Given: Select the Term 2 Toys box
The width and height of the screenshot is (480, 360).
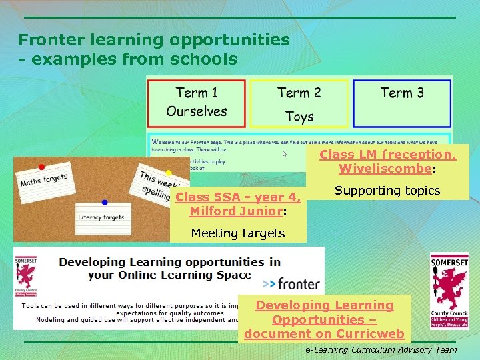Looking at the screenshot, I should (299, 103).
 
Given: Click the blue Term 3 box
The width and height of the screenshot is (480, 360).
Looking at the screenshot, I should (401, 103).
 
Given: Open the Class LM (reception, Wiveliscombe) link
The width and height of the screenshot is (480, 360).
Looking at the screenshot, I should (387, 161).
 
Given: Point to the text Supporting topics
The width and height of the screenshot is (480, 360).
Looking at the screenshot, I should (387, 191).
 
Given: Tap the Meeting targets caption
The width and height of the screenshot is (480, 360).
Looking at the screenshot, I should (238, 233).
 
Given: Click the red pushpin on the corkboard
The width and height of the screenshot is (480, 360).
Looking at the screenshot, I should (41, 167).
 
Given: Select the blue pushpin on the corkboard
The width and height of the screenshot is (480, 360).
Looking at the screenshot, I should (105, 202).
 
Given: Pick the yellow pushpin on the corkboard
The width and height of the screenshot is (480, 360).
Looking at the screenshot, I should (168, 173).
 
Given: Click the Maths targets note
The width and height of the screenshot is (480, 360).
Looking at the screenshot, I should (44, 179).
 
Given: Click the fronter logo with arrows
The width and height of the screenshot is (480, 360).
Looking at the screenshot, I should (291, 284).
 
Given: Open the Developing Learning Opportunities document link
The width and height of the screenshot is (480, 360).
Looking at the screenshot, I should (325, 319).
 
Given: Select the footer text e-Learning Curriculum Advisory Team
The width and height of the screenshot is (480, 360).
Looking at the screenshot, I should (381, 349).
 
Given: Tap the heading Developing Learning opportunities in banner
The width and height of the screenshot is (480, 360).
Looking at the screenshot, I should (169, 268).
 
